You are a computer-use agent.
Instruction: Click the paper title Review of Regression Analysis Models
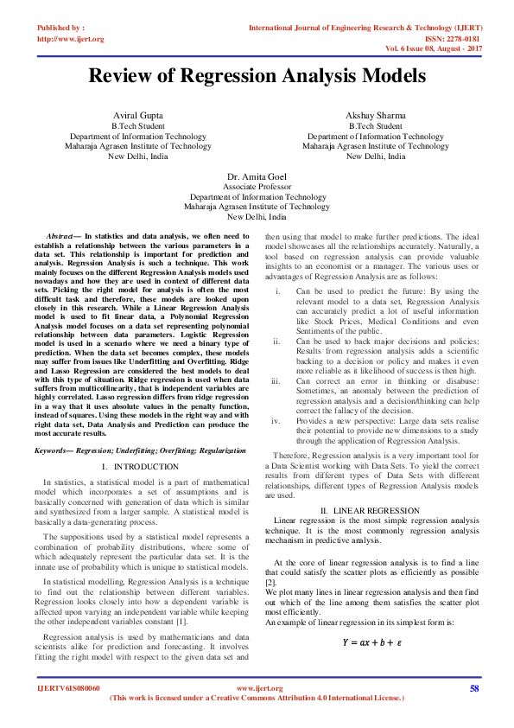pos(257,77)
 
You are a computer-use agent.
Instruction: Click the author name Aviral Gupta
pos(137,116)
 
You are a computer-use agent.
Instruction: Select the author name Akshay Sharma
pos(375,116)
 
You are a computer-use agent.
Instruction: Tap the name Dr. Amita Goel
pos(256,176)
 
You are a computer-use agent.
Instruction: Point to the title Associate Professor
pos(257,186)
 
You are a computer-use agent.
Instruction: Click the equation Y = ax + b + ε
pos(371,642)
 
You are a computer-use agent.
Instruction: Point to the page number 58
pos(474,688)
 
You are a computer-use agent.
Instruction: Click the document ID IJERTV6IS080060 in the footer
pos(69,688)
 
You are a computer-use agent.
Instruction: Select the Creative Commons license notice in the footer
pos(257,697)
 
